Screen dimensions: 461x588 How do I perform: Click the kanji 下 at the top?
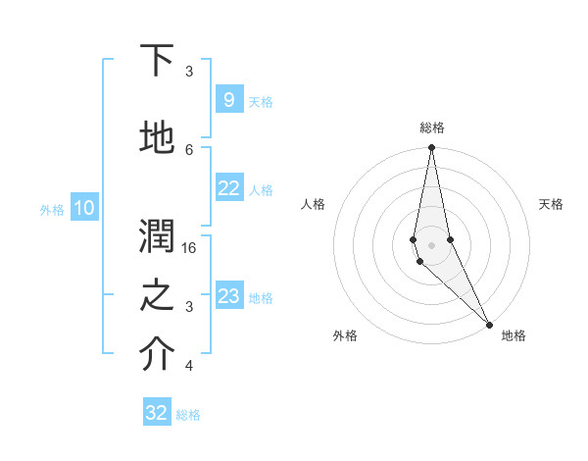158,61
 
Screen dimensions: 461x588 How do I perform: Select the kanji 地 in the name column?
158,138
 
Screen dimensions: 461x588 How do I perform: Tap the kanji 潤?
158,236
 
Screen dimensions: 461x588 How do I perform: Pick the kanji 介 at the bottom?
158,355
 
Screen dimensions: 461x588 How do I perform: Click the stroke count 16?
190,248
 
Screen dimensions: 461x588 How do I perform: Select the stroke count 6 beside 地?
189,149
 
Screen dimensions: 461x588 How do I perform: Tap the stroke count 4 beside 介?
189,366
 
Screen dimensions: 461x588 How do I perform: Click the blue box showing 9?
228,100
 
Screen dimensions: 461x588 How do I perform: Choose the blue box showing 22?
228,188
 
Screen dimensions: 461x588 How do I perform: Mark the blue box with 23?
228,296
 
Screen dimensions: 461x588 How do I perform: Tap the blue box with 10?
84,208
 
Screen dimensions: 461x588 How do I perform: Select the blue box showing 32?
157,413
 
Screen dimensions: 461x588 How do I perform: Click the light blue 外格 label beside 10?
52,209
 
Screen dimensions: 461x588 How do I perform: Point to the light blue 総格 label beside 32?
189,414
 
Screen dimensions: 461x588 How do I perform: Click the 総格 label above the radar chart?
431,128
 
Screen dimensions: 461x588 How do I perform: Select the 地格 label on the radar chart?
514,335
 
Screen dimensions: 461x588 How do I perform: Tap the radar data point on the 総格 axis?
431,148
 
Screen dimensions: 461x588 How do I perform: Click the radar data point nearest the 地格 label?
489,324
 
